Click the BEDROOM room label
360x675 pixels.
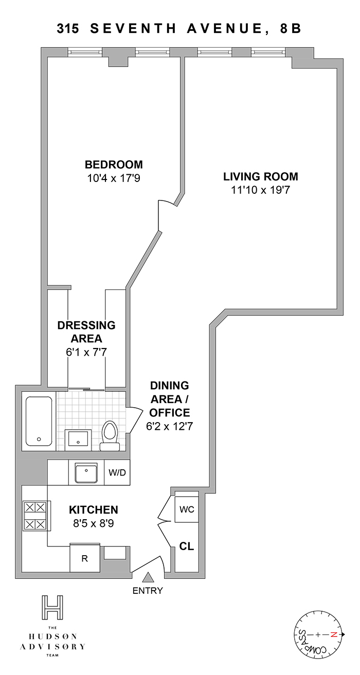click(x=114, y=165)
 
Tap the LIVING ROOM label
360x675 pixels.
click(x=261, y=176)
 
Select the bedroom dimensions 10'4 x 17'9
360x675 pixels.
click(x=114, y=178)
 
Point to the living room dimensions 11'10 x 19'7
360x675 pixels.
click(x=261, y=190)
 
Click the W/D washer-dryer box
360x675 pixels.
click(x=117, y=472)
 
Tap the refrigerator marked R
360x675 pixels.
click(x=85, y=558)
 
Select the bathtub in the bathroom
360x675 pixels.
click(x=39, y=421)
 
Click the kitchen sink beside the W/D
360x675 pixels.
click(x=86, y=472)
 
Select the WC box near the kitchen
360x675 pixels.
click(x=187, y=509)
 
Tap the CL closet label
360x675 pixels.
click(x=187, y=546)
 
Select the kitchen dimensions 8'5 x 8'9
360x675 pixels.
click(x=94, y=523)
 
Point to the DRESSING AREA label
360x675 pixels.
click(x=86, y=332)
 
